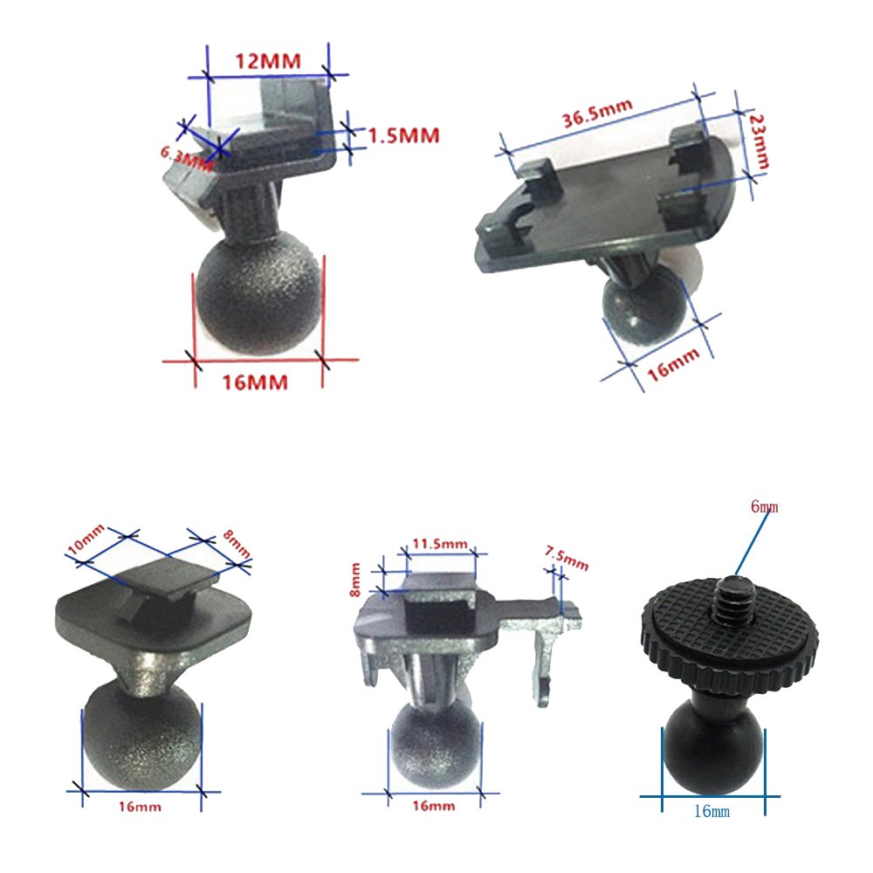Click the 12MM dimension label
click(x=268, y=61)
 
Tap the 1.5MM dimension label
click(x=404, y=135)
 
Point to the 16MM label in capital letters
click(x=255, y=382)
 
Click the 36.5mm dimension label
click(x=597, y=113)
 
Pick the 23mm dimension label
click(x=759, y=141)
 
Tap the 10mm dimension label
click(x=86, y=539)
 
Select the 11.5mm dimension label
click(x=440, y=543)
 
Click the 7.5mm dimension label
click(x=567, y=559)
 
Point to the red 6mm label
click(x=765, y=506)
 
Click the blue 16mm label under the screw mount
click(x=711, y=811)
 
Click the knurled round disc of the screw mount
click(x=730, y=635)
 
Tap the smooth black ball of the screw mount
click(x=714, y=747)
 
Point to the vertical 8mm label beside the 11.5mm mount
click(x=355, y=580)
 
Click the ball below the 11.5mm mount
click(x=435, y=747)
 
